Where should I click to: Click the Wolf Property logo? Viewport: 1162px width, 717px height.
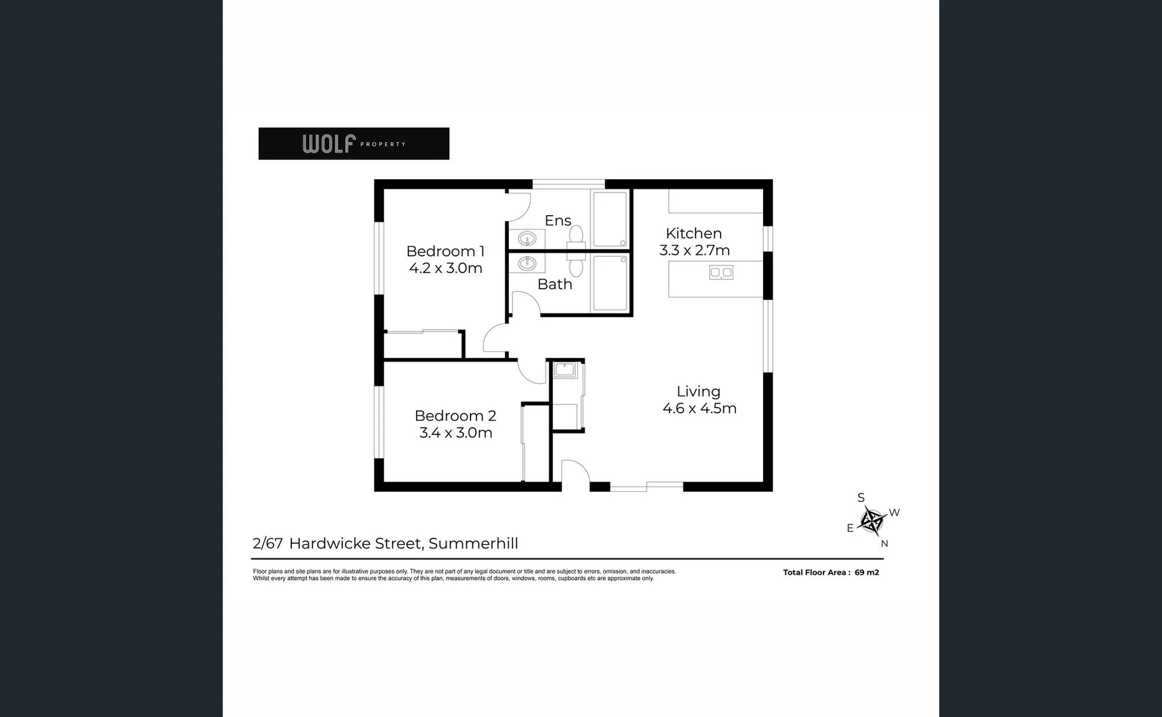pyautogui.click(x=354, y=143)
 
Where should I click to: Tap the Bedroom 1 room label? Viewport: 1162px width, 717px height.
pyautogui.click(x=445, y=252)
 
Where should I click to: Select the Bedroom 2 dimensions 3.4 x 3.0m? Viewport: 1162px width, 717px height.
pyautogui.click(x=455, y=433)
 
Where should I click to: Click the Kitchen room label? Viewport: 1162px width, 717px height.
pyautogui.click(x=693, y=234)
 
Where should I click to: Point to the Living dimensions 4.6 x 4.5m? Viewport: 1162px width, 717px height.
pyautogui.click(x=699, y=408)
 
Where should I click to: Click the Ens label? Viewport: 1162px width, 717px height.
pyautogui.click(x=557, y=220)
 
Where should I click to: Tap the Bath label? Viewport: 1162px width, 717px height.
pyautogui.click(x=555, y=284)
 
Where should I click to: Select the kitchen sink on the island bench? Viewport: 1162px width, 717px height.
pyautogui.click(x=721, y=272)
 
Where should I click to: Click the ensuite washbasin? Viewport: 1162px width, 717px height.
pyautogui.click(x=527, y=238)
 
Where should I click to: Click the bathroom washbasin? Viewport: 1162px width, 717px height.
pyautogui.click(x=527, y=264)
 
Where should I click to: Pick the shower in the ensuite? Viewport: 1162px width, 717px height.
pyautogui.click(x=610, y=219)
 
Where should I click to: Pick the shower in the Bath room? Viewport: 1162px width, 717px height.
pyautogui.click(x=610, y=283)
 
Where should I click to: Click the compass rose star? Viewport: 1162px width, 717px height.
pyautogui.click(x=871, y=521)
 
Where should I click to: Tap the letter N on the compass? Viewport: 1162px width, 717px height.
pyautogui.click(x=884, y=544)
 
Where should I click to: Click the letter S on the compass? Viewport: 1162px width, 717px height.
pyautogui.click(x=861, y=498)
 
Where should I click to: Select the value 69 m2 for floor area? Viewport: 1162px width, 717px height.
pyautogui.click(x=867, y=572)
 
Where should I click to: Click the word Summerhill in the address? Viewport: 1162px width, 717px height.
pyautogui.click(x=473, y=544)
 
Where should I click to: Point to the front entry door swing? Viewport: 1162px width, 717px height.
pyautogui.click(x=575, y=474)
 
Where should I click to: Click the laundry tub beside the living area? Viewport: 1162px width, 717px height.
pyautogui.click(x=565, y=370)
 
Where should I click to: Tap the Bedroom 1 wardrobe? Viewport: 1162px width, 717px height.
pyautogui.click(x=423, y=345)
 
